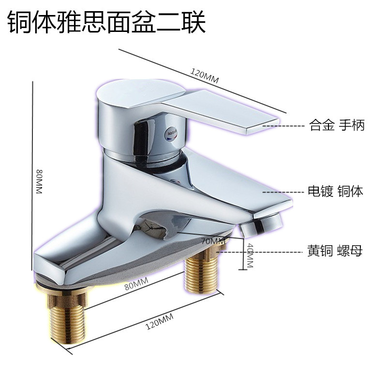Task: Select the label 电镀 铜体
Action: [x=335, y=192]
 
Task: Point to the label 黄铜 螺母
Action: [x=335, y=252]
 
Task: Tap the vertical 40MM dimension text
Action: [x=250, y=255]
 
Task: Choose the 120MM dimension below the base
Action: [x=159, y=321]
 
